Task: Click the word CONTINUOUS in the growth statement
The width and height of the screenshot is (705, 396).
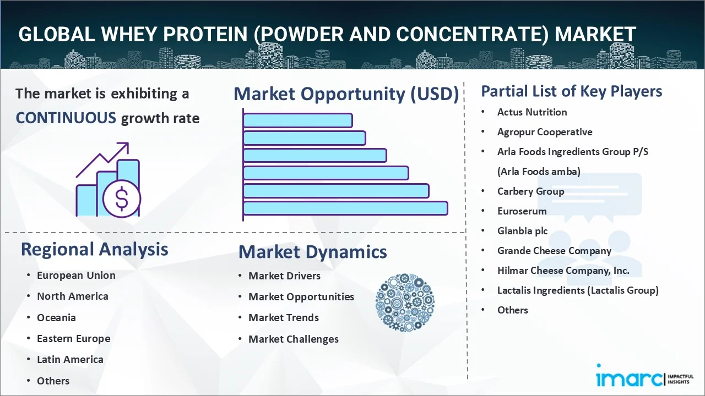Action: pyautogui.click(x=66, y=118)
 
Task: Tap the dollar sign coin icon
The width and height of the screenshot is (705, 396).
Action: pyautogui.click(x=122, y=199)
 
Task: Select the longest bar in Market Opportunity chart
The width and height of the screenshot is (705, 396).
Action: pyautogui.click(x=345, y=208)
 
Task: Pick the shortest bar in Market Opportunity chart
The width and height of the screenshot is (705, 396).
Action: pyautogui.click(x=298, y=120)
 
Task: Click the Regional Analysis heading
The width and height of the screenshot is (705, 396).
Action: pyautogui.click(x=94, y=250)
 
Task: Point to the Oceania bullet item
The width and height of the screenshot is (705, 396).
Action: pyautogui.click(x=56, y=318)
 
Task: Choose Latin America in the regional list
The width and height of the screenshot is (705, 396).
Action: pyautogui.click(x=70, y=360)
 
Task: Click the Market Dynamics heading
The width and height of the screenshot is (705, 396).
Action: pyautogui.click(x=312, y=252)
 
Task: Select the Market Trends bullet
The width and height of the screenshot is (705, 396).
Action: pyautogui.click(x=284, y=318)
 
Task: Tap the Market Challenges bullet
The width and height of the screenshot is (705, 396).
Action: pyautogui.click(x=294, y=339)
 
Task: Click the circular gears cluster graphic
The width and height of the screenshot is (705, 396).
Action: pyautogui.click(x=405, y=302)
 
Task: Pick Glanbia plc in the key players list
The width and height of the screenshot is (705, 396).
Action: pyautogui.click(x=523, y=231)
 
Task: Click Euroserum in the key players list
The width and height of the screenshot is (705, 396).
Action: pyautogui.click(x=522, y=211)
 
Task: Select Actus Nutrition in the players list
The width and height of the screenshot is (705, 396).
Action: pyautogui.click(x=532, y=112)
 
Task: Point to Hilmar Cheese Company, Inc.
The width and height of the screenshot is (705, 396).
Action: pyautogui.click(x=563, y=271)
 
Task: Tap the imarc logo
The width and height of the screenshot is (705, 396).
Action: pyautogui.click(x=644, y=376)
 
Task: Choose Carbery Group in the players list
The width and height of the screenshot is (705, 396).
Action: pyautogui.click(x=530, y=191)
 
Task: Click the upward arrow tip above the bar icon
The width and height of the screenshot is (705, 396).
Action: pyautogui.click(x=128, y=143)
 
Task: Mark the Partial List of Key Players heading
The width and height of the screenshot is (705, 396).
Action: pyautogui.click(x=572, y=91)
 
